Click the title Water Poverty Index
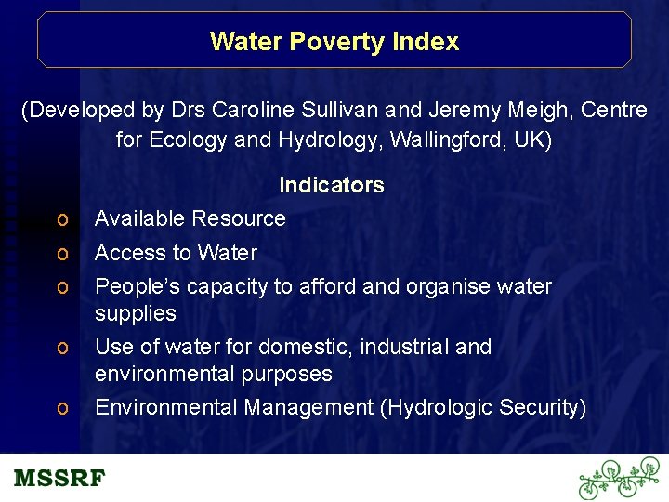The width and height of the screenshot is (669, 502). coord(334,42)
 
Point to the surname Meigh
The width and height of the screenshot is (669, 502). coord(539,111)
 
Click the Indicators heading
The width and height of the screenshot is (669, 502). coord(332,185)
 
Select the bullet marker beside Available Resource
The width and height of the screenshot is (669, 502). coord(61,219)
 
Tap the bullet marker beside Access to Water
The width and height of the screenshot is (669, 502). coord(61,253)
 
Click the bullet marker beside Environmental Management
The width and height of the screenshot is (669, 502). coord(61,408)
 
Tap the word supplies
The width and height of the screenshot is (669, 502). coord(136,314)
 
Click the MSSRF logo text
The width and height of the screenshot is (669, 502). coord(59,479)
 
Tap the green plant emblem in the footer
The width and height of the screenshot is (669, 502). coord(619,479)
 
